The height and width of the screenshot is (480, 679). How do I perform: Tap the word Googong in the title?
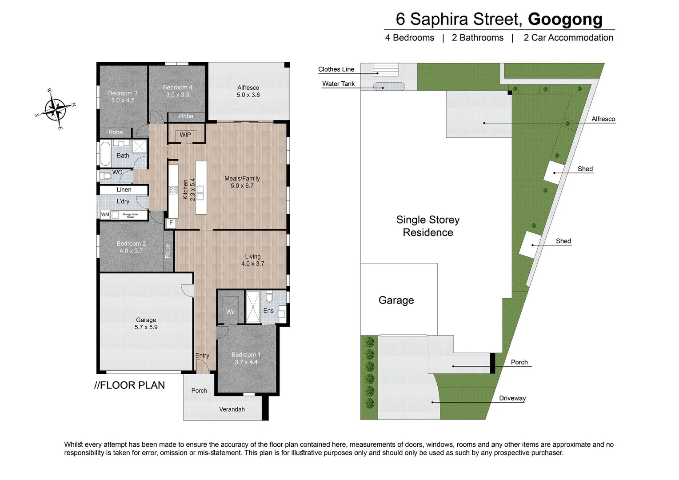pos(565,19)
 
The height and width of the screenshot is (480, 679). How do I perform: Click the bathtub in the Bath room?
pos(105,153)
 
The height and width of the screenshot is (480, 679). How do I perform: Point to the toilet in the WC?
pos(106,176)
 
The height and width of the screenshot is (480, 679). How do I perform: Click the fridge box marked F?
pos(171,223)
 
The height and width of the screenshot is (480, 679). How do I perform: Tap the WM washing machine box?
pos(105,215)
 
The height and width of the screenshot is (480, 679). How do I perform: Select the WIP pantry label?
pos(185,135)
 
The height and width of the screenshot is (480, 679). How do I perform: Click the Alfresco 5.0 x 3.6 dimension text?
pos(248,95)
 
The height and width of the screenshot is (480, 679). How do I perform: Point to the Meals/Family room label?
pos(242,179)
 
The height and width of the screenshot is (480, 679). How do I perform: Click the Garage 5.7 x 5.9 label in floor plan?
pos(146,324)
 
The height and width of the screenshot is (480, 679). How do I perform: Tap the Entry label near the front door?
pos(202,356)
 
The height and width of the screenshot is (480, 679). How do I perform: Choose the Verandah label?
pos(232,409)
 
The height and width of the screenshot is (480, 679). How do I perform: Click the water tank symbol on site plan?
pos(389,87)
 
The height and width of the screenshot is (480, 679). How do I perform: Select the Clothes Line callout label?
pos(336,69)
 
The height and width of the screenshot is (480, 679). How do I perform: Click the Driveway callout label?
pos(512,398)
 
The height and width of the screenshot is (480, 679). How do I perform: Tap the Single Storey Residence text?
pos(427,226)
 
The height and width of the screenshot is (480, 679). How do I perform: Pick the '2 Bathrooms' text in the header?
pos(477,38)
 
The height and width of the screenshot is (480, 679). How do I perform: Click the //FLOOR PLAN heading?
pos(129,385)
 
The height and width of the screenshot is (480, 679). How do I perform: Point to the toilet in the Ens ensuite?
pos(269,296)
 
